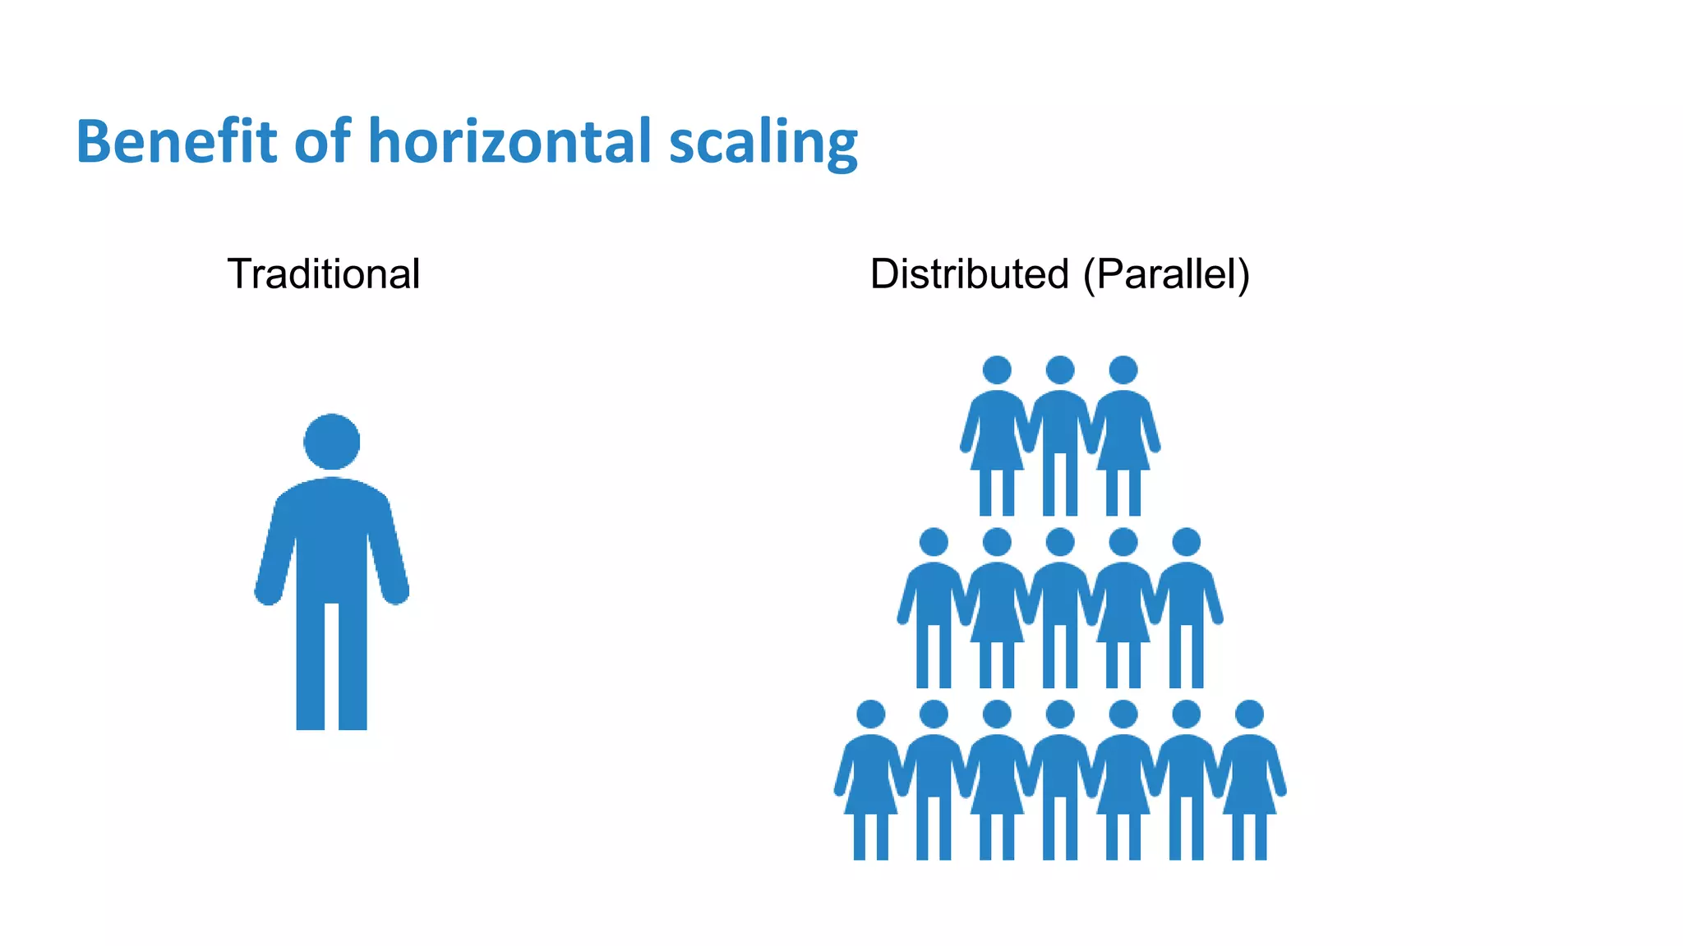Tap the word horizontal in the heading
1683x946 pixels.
click(510, 141)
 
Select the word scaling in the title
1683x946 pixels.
click(763, 144)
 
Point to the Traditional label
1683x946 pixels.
click(324, 273)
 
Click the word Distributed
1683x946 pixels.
click(969, 273)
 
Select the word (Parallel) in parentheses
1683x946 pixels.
click(1167, 274)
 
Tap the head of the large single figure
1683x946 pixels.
click(332, 442)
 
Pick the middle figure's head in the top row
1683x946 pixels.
click(1060, 370)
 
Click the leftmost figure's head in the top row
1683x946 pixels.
click(997, 370)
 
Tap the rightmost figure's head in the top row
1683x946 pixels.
click(1123, 370)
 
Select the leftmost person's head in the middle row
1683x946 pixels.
click(934, 542)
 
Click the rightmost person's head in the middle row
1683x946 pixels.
click(1186, 542)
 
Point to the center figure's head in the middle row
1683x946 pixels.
click(1060, 542)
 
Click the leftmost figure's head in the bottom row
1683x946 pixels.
click(871, 714)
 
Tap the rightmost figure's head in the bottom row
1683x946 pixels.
click(1249, 714)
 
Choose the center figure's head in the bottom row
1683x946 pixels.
click(1060, 714)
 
